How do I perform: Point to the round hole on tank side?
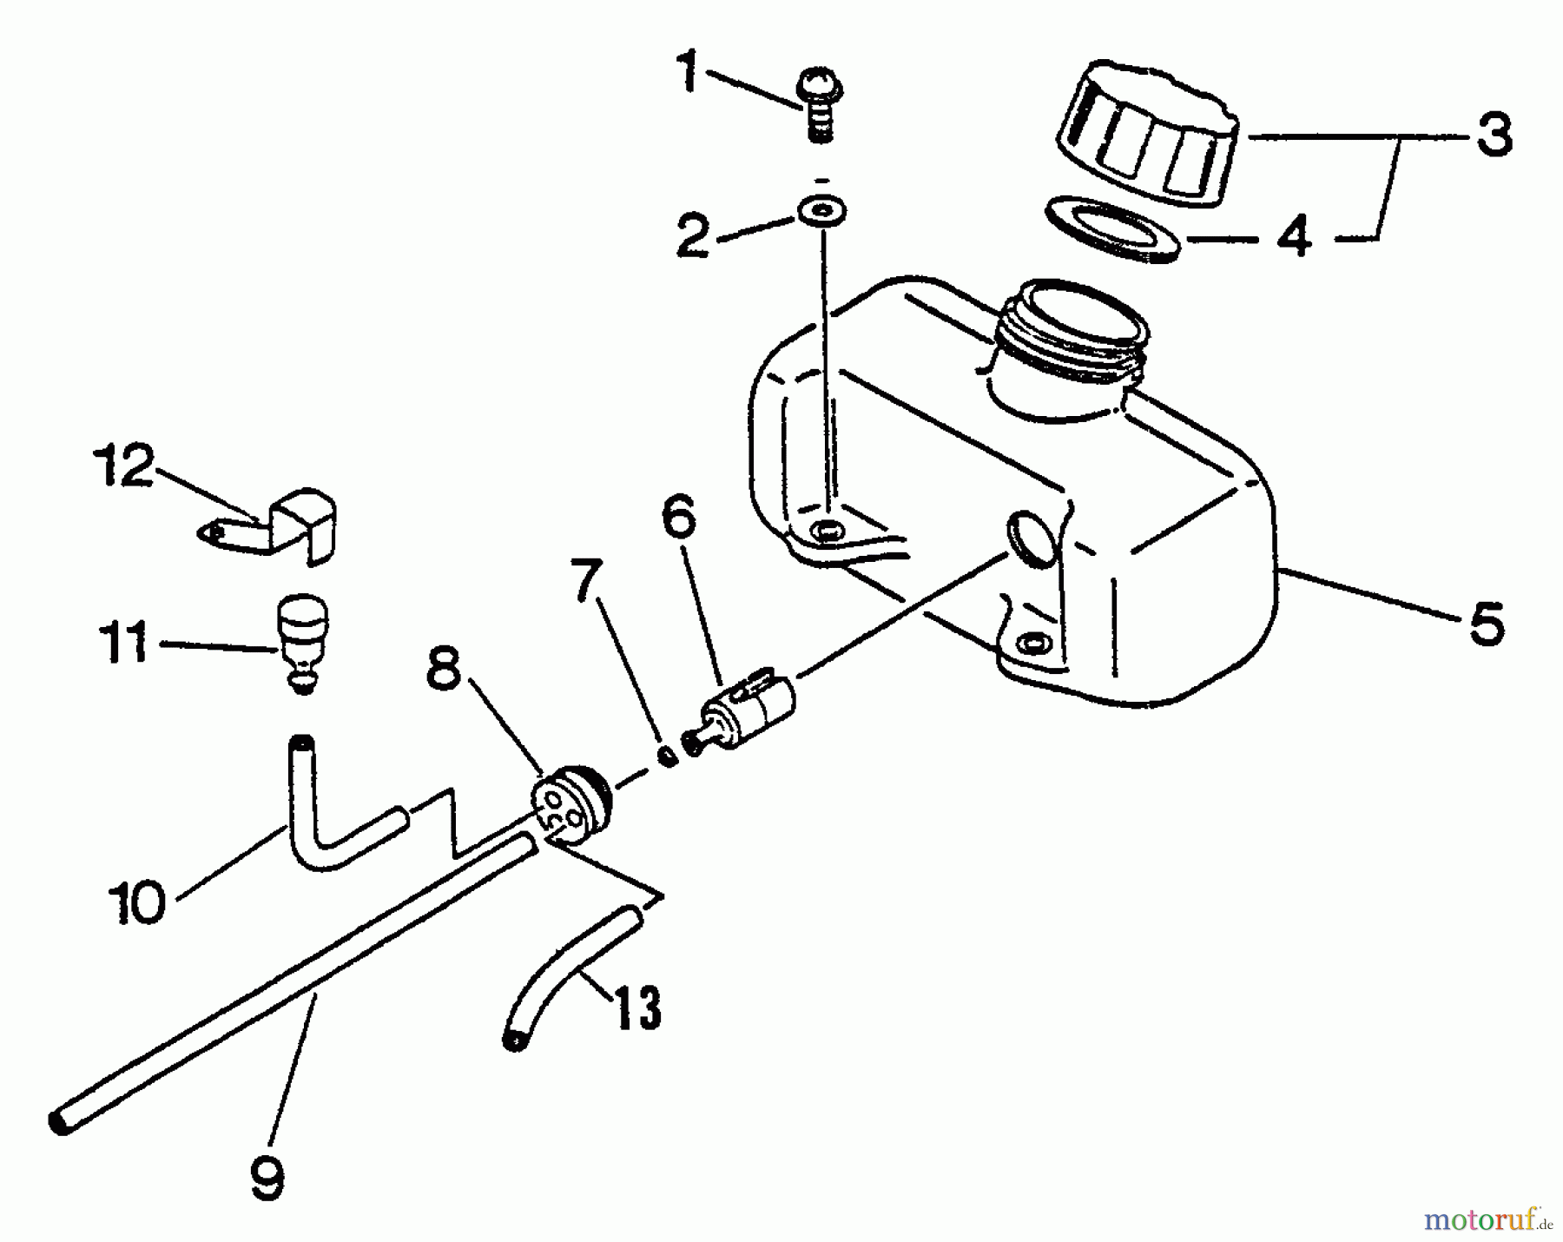pos(1031,538)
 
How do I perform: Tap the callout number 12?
pos(123,467)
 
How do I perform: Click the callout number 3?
pos(1494,135)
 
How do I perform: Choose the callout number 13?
pos(636,1007)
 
